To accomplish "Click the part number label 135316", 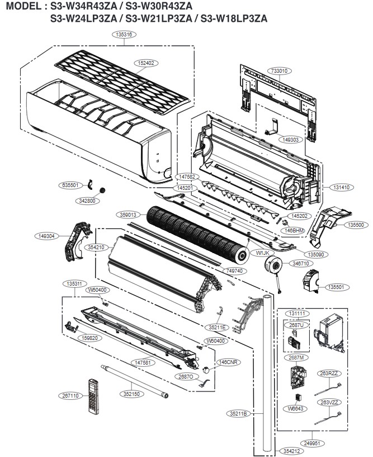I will tap(124, 35).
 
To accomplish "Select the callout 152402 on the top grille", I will tap(148, 63).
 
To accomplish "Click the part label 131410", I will tap(339, 188).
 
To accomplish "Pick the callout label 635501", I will tap(72, 184).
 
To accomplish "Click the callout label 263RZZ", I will tap(330, 372).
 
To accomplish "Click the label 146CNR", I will tap(229, 362).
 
